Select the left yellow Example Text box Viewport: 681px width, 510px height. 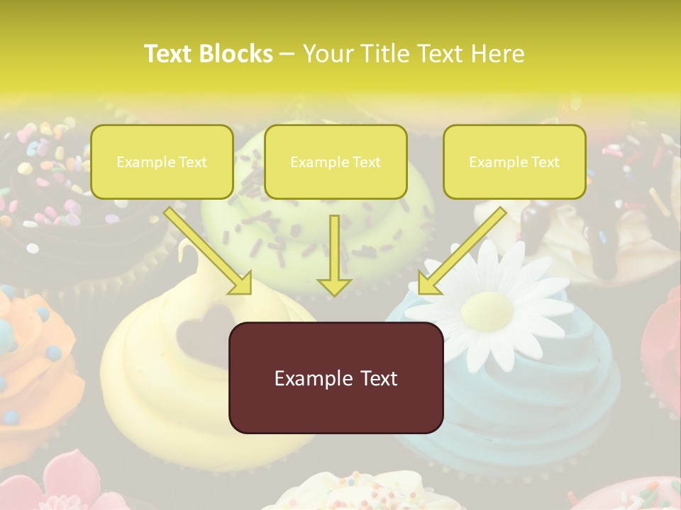coord(162,162)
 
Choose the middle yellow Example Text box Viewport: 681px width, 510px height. coord(336,162)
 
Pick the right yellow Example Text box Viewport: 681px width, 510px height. coord(514,162)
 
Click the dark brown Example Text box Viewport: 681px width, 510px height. coord(336,378)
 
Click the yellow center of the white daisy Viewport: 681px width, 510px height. coord(487,308)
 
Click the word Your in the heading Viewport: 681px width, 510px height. coord(327,54)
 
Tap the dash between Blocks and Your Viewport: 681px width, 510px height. coord(287,54)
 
